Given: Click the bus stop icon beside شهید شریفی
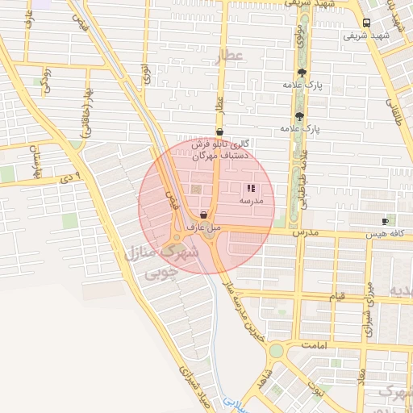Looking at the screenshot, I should pyautogui.click(x=367, y=23).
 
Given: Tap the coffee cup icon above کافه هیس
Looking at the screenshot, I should pyautogui.click(x=385, y=221).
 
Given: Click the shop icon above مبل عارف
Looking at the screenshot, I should pyautogui.click(x=202, y=215).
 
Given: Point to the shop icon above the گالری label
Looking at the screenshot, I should pyautogui.click(x=219, y=131).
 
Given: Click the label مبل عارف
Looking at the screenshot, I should pyautogui.click(x=203, y=227).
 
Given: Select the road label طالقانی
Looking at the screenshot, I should pyautogui.click(x=398, y=109).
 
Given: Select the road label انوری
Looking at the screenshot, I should pyautogui.click(x=145, y=77).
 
